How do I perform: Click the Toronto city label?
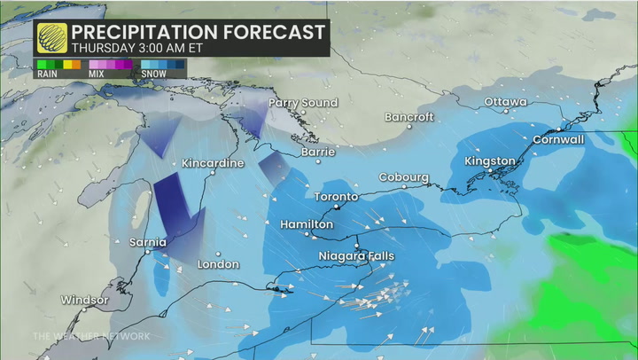tap(337, 197)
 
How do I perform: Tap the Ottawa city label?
tap(505, 103)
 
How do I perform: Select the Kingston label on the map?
tap(490, 161)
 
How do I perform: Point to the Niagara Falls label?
tap(356, 256)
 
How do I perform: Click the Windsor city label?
tap(84, 301)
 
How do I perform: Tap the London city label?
tap(218, 264)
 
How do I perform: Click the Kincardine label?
tap(212, 164)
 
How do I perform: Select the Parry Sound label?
tap(303, 104)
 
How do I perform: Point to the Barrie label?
tap(318, 153)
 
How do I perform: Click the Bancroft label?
tap(408, 118)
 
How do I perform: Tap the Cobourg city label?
tap(404, 177)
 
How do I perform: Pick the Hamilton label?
tap(307, 225)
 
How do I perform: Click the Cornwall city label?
tap(558, 140)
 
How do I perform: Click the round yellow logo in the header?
tap(52, 37)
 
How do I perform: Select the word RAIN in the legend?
tap(46, 74)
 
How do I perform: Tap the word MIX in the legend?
tap(96, 74)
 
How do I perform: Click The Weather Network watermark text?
tap(91, 336)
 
